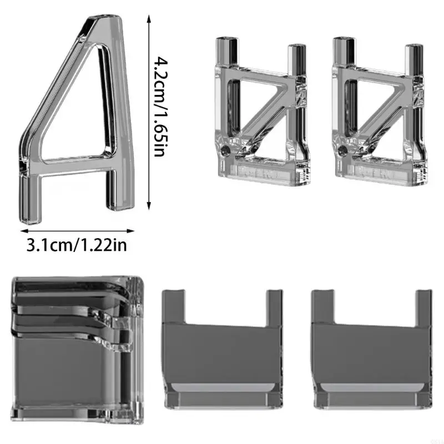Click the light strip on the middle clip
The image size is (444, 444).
point(222,387)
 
